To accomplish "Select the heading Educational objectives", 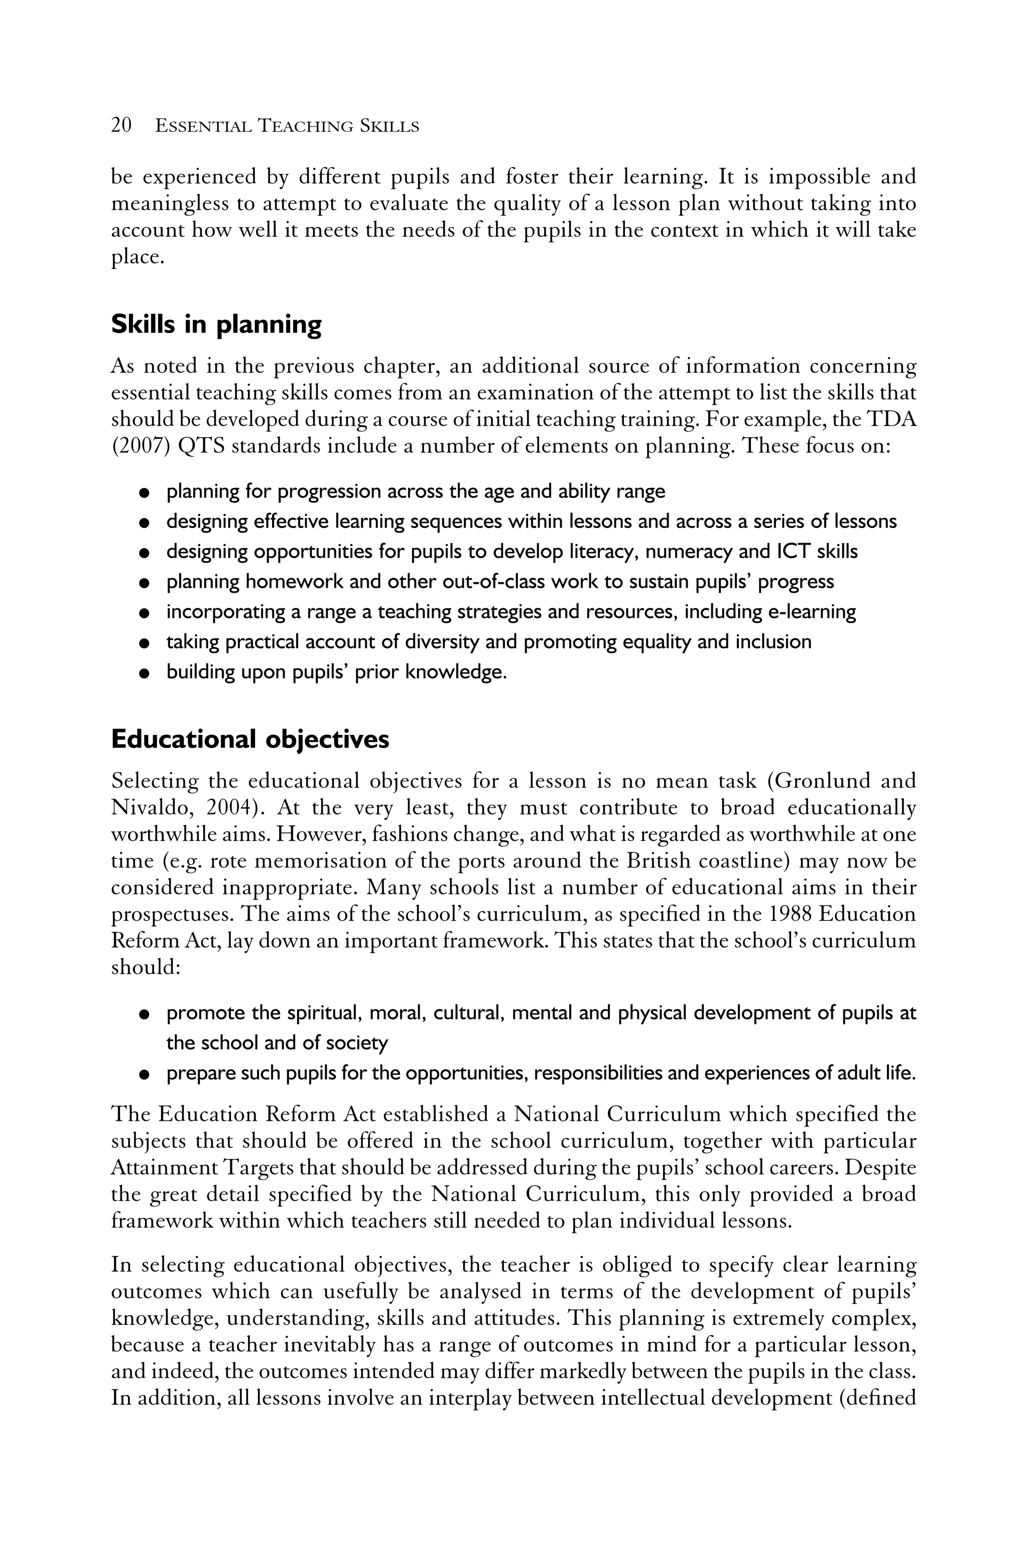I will click(x=250, y=739).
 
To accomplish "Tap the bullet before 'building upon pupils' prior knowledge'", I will click(x=142, y=673).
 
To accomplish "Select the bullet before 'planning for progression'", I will click(x=142, y=492).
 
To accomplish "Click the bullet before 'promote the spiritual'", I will click(x=142, y=1014).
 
